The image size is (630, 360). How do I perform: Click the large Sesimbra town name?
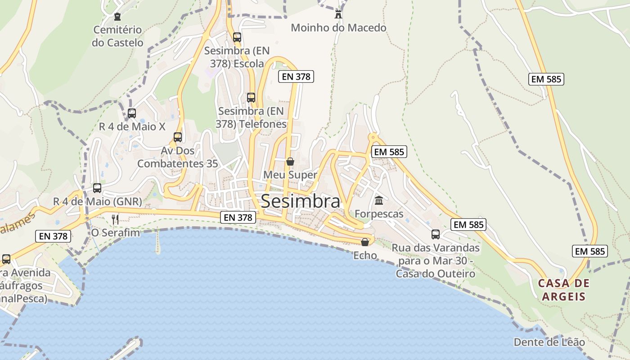(300, 201)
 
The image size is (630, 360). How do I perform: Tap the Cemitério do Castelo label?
(117, 36)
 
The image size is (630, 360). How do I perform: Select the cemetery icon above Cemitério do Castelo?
(117, 17)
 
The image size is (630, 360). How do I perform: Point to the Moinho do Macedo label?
(338, 28)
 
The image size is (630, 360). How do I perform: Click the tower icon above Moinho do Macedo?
(338, 14)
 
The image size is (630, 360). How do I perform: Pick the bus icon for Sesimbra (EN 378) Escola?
(237, 37)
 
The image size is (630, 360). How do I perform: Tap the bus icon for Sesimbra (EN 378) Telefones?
(251, 97)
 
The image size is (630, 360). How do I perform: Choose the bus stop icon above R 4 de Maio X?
(132, 113)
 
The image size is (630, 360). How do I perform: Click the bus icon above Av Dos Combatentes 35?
(178, 137)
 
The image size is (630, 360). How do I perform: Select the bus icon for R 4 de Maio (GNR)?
(97, 188)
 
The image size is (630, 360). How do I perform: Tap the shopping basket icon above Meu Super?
(290, 162)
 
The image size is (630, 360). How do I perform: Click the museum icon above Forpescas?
(379, 200)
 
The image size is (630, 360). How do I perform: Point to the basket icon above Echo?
(365, 242)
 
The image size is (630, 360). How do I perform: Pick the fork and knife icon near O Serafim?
(115, 220)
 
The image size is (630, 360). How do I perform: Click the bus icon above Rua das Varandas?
(436, 234)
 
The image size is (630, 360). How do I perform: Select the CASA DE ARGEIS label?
(563, 290)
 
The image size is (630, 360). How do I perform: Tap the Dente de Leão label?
(549, 342)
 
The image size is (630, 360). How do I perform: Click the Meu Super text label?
(290, 175)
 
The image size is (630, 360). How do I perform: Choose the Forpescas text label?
(379, 214)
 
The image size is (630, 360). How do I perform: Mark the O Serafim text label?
(116, 233)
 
